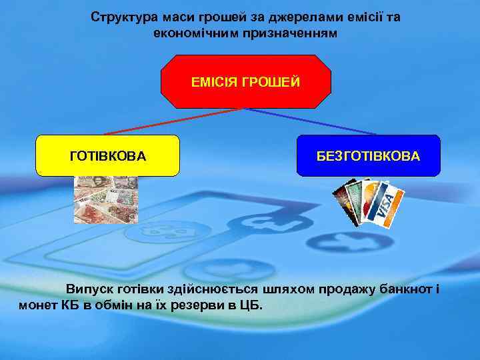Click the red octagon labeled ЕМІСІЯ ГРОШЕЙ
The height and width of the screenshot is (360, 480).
coord(246,81)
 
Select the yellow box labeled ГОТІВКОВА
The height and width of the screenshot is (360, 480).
coord(107,155)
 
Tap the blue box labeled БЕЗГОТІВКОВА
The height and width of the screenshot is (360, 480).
coord(368,155)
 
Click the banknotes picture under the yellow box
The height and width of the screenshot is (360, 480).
coord(105,198)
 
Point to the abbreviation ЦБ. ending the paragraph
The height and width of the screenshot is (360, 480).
coord(251,305)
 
